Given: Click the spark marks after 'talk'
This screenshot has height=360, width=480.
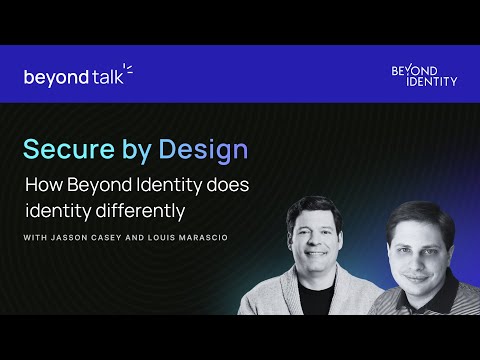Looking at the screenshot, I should (x=129, y=70).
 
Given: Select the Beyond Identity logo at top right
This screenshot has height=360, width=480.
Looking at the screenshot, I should (x=424, y=75).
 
